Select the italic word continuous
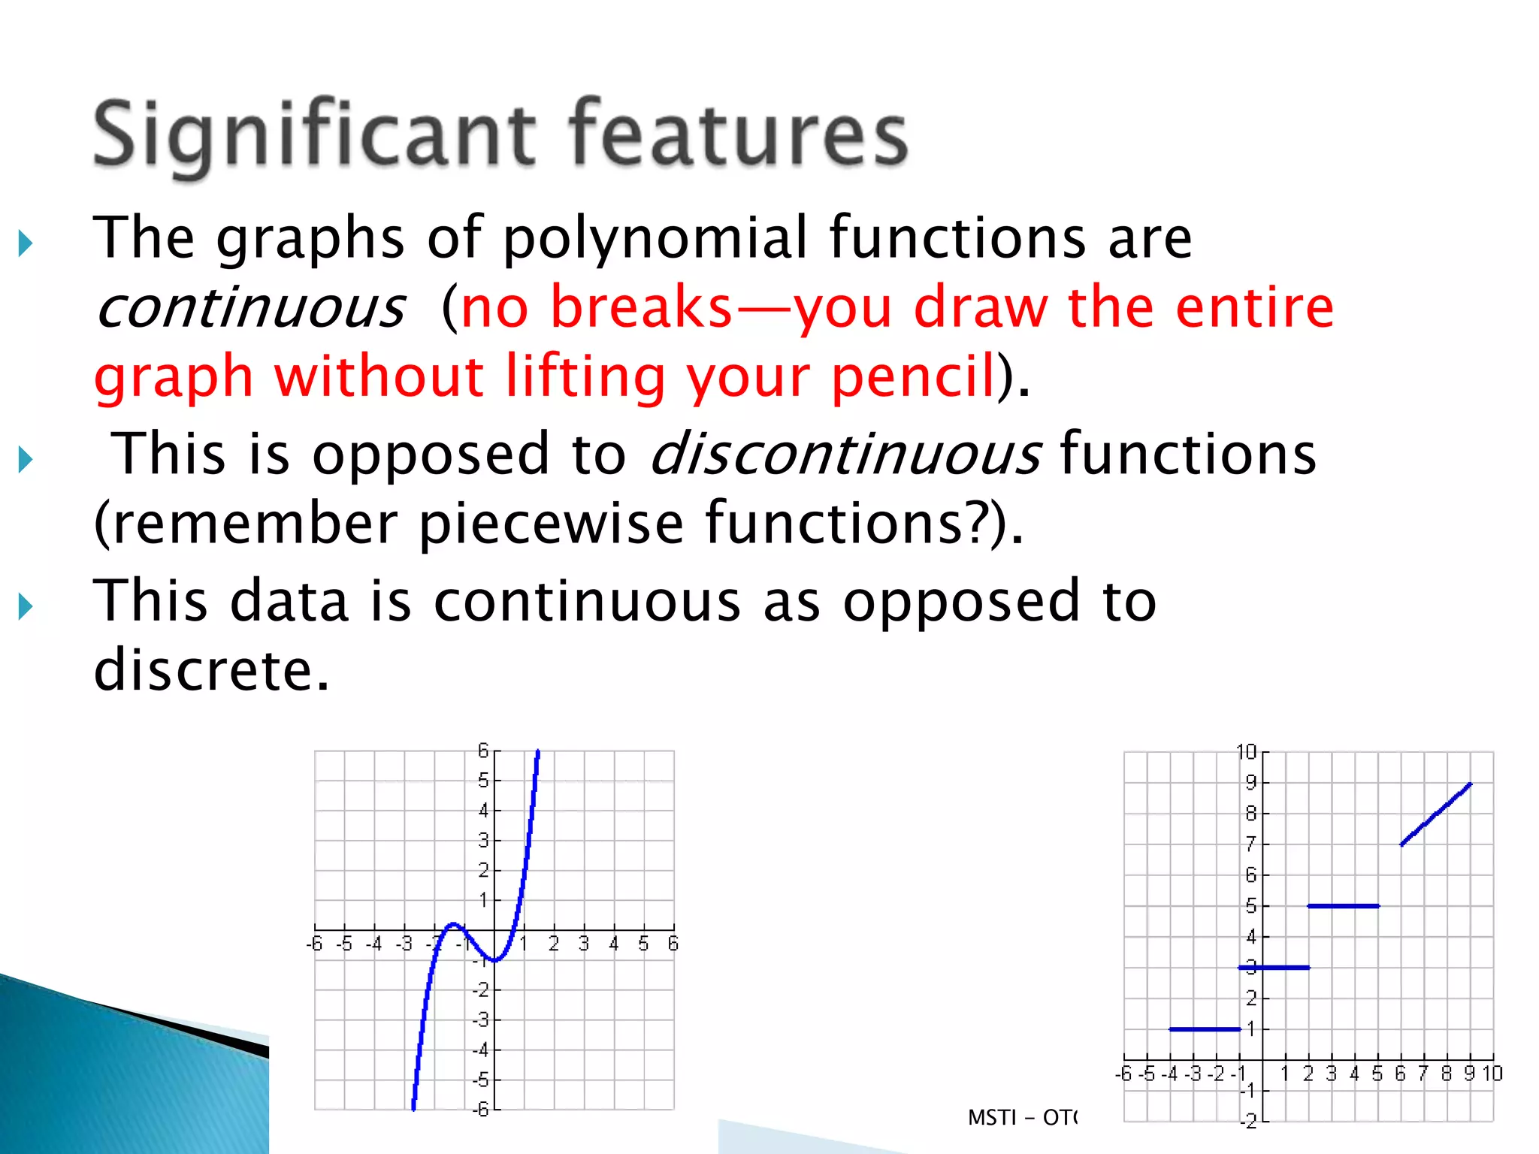[x=251, y=308]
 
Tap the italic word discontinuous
[x=845, y=454]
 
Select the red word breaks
[x=641, y=307]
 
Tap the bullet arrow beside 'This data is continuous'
[x=26, y=606]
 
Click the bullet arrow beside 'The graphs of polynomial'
[x=26, y=243]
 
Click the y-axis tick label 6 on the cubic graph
[x=483, y=751]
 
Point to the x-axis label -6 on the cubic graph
[x=315, y=944]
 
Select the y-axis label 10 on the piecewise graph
[x=1246, y=752]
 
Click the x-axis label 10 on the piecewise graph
[x=1492, y=1074]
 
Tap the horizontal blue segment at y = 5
[x=1343, y=906]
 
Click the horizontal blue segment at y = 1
[x=1205, y=1029]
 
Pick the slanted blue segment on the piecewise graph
[x=1436, y=814]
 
